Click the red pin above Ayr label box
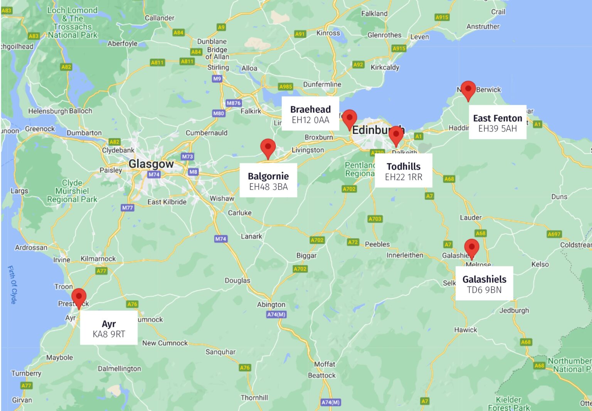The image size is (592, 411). tap(79, 297)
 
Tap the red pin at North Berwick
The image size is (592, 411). tap(468, 90)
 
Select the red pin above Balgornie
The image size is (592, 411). tap(268, 148)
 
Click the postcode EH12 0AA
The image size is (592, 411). tap(310, 120)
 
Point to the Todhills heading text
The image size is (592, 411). tap(404, 167)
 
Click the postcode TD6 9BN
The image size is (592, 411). tap(484, 290)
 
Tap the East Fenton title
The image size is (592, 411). tap(497, 118)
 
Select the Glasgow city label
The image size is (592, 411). tap(151, 164)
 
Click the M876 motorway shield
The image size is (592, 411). tap(234, 103)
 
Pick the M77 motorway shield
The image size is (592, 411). tap(127, 208)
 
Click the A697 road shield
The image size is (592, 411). tap(554, 234)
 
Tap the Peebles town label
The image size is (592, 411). tap(377, 244)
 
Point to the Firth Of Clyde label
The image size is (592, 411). tap(12, 285)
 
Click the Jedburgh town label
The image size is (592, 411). tap(514, 310)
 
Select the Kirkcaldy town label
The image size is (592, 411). tap(385, 67)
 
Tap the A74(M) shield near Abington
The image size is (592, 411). tap(276, 315)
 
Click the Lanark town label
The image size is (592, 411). tap(251, 236)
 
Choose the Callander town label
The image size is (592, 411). tap(159, 18)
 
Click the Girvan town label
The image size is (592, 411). tap(22, 400)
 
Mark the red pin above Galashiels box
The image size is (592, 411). tap(471, 248)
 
